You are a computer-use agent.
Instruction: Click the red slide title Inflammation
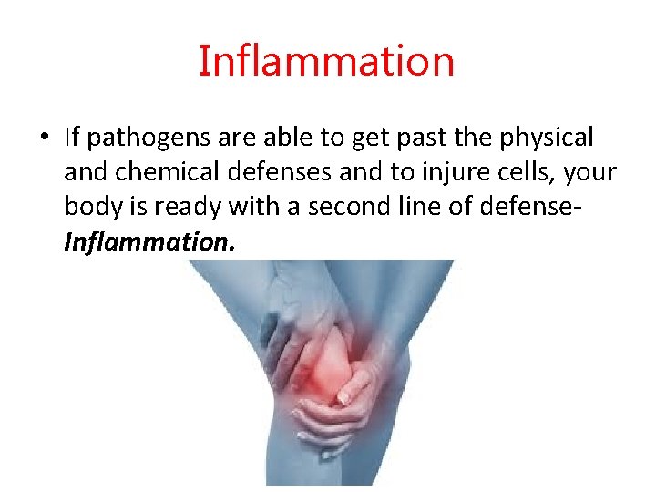coord(326,62)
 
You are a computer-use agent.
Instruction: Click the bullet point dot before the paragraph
coord(44,138)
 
